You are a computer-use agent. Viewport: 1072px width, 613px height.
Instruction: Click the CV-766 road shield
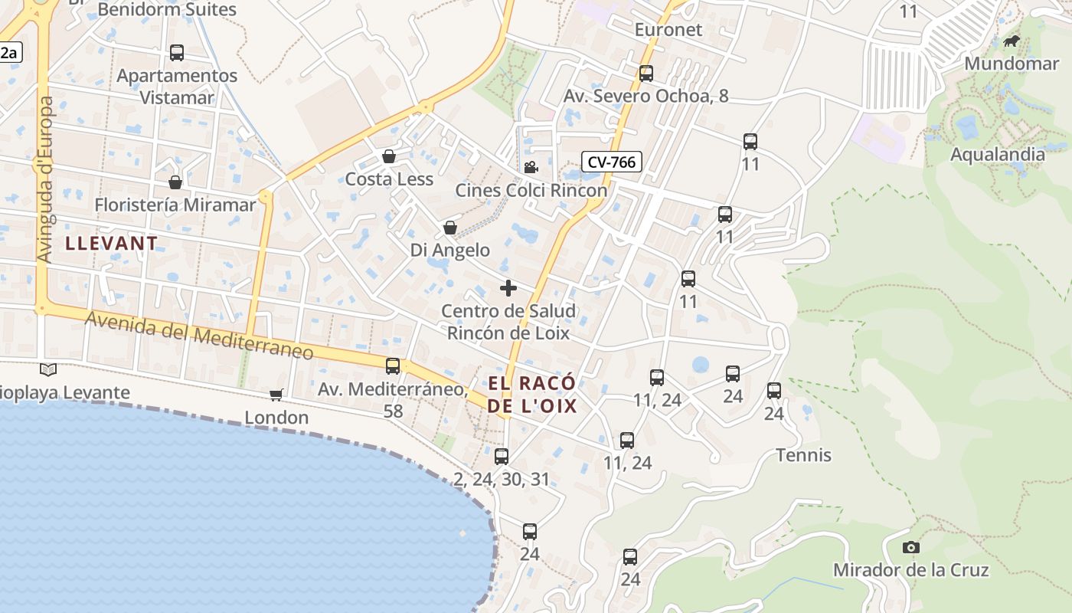611,162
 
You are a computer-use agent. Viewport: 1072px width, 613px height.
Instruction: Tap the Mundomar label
1011,63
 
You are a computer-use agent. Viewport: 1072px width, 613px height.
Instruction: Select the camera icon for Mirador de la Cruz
910,547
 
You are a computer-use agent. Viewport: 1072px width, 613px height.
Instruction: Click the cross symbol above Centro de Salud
508,288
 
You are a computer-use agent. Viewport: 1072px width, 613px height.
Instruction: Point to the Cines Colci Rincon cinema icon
531,167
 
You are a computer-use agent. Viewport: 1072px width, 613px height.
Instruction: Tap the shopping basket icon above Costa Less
389,156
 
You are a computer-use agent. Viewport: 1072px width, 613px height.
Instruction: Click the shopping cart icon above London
276,395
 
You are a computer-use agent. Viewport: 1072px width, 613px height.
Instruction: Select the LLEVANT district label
112,244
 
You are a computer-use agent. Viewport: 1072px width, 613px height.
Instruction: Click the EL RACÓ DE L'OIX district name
532,395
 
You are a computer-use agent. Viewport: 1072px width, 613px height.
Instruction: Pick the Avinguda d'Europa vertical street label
44,180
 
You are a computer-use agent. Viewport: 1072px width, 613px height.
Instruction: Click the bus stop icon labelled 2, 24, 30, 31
502,457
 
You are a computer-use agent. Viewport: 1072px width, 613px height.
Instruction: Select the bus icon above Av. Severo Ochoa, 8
646,74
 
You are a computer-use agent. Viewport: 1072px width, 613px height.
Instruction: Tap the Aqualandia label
997,154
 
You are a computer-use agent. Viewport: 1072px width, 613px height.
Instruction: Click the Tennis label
803,455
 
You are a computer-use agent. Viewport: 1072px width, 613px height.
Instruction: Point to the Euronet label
668,30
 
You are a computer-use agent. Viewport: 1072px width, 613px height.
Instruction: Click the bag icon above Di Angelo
450,228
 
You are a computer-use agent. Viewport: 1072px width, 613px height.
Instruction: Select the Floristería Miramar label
175,205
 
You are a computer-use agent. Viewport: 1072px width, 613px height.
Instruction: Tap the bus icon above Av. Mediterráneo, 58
393,366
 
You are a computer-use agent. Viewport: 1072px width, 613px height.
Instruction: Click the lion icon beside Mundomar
1011,41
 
